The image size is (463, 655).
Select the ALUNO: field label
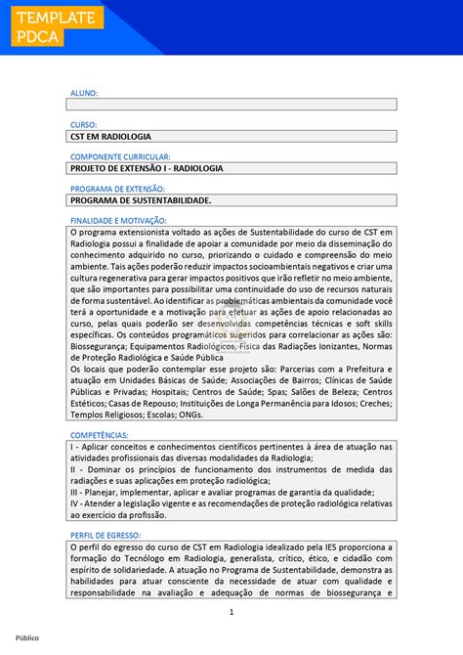(x=84, y=93)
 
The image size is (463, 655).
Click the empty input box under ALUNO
(x=231, y=104)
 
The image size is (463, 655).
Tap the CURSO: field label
(x=84, y=125)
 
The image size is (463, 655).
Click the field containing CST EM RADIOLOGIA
(x=231, y=136)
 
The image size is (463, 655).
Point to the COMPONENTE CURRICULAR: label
(x=120, y=156)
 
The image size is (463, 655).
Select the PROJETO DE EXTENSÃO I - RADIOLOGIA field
(x=231, y=168)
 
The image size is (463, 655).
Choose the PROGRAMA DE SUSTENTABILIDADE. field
(x=231, y=199)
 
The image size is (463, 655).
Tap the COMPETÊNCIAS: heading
(x=100, y=435)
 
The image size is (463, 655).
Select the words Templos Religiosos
(x=106, y=414)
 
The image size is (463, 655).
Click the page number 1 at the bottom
(x=231, y=612)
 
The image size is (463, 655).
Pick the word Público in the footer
(x=26, y=637)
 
